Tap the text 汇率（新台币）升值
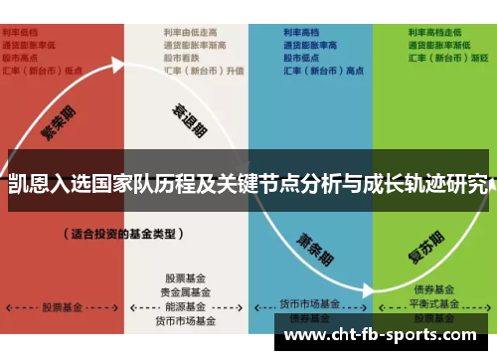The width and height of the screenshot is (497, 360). (204, 71)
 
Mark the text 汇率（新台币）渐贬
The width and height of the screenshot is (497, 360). (447, 58)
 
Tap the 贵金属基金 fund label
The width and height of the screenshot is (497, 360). (186, 292)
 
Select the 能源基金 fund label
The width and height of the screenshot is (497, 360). (186, 307)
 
